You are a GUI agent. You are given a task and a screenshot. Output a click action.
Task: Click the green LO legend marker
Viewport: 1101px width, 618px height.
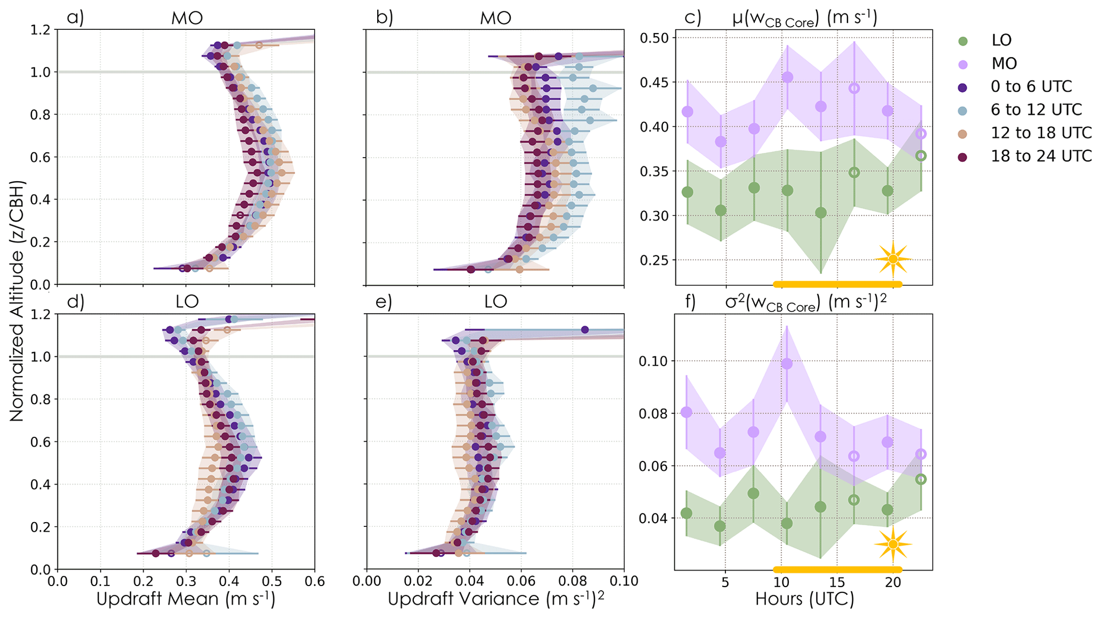pyautogui.click(x=963, y=40)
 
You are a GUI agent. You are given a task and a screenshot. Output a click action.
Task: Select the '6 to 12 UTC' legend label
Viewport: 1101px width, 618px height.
pyautogui.click(x=1036, y=110)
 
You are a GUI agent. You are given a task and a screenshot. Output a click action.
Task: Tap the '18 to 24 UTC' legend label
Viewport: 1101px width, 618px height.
pyautogui.click(x=1041, y=156)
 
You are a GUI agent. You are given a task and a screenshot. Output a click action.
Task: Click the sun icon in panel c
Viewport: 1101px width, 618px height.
pyautogui.click(x=893, y=259)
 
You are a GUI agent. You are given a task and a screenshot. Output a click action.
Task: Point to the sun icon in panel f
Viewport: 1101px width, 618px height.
pyautogui.click(x=893, y=544)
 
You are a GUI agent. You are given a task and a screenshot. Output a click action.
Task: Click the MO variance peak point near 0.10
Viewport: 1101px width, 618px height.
pyautogui.click(x=787, y=364)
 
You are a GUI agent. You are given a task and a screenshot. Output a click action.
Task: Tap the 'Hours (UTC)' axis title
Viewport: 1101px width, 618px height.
pyautogui.click(x=804, y=599)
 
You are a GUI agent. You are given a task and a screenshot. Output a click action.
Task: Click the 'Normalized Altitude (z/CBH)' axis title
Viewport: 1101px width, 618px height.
pyautogui.click(x=17, y=301)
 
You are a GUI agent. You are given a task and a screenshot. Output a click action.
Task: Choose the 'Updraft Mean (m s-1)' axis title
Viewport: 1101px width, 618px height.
pyautogui.click(x=186, y=599)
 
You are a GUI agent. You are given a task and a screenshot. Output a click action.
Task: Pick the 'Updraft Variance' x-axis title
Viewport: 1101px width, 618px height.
pyautogui.click(x=495, y=599)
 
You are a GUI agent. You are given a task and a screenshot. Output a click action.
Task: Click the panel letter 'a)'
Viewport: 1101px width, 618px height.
pyautogui.click(x=75, y=18)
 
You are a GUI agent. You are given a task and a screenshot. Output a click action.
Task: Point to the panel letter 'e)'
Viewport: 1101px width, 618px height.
pyautogui.click(x=384, y=302)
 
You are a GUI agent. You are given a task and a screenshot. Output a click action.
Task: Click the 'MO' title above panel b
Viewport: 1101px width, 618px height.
pyautogui.click(x=495, y=18)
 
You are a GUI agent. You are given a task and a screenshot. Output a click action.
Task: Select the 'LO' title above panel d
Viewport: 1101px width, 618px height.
pyautogui.click(x=187, y=302)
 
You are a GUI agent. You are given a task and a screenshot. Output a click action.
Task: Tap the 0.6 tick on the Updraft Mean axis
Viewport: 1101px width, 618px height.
pyautogui.click(x=314, y=580)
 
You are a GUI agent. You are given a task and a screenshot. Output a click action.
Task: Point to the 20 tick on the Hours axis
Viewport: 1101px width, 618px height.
pyautogui.click(x=893, y=582)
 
